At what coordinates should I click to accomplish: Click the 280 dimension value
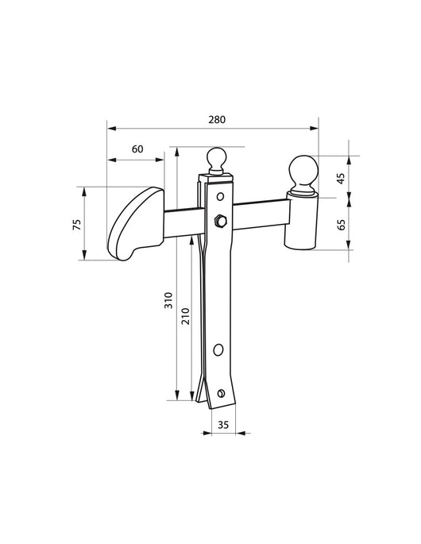(217, 119)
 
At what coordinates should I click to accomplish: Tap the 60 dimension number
(137, 149)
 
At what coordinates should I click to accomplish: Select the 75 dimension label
(77, 225)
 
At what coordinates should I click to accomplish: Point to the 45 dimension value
(342, 179)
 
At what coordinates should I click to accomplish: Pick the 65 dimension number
(342, 225)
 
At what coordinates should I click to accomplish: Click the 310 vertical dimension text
(168, 300)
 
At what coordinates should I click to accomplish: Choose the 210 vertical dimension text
(186, 316)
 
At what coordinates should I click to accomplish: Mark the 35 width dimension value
(223, 425)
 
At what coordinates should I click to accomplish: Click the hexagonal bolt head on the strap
(220, 221)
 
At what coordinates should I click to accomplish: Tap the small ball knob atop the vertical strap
(217, 160)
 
